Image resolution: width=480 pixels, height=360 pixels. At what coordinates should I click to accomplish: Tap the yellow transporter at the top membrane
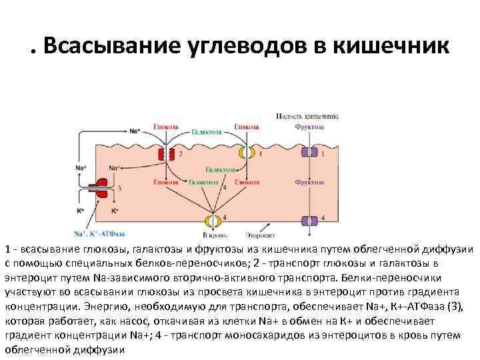click(x=247, y=153)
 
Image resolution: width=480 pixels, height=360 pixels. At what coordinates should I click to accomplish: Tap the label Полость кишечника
click(x=307, y=115)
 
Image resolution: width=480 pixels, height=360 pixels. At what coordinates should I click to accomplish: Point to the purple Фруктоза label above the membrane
click(x=310, y=125)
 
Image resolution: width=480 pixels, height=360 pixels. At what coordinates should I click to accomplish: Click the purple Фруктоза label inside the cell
click(x=310, y=181)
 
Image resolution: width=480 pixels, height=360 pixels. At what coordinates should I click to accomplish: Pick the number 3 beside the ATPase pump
click(x=119, y=189)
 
